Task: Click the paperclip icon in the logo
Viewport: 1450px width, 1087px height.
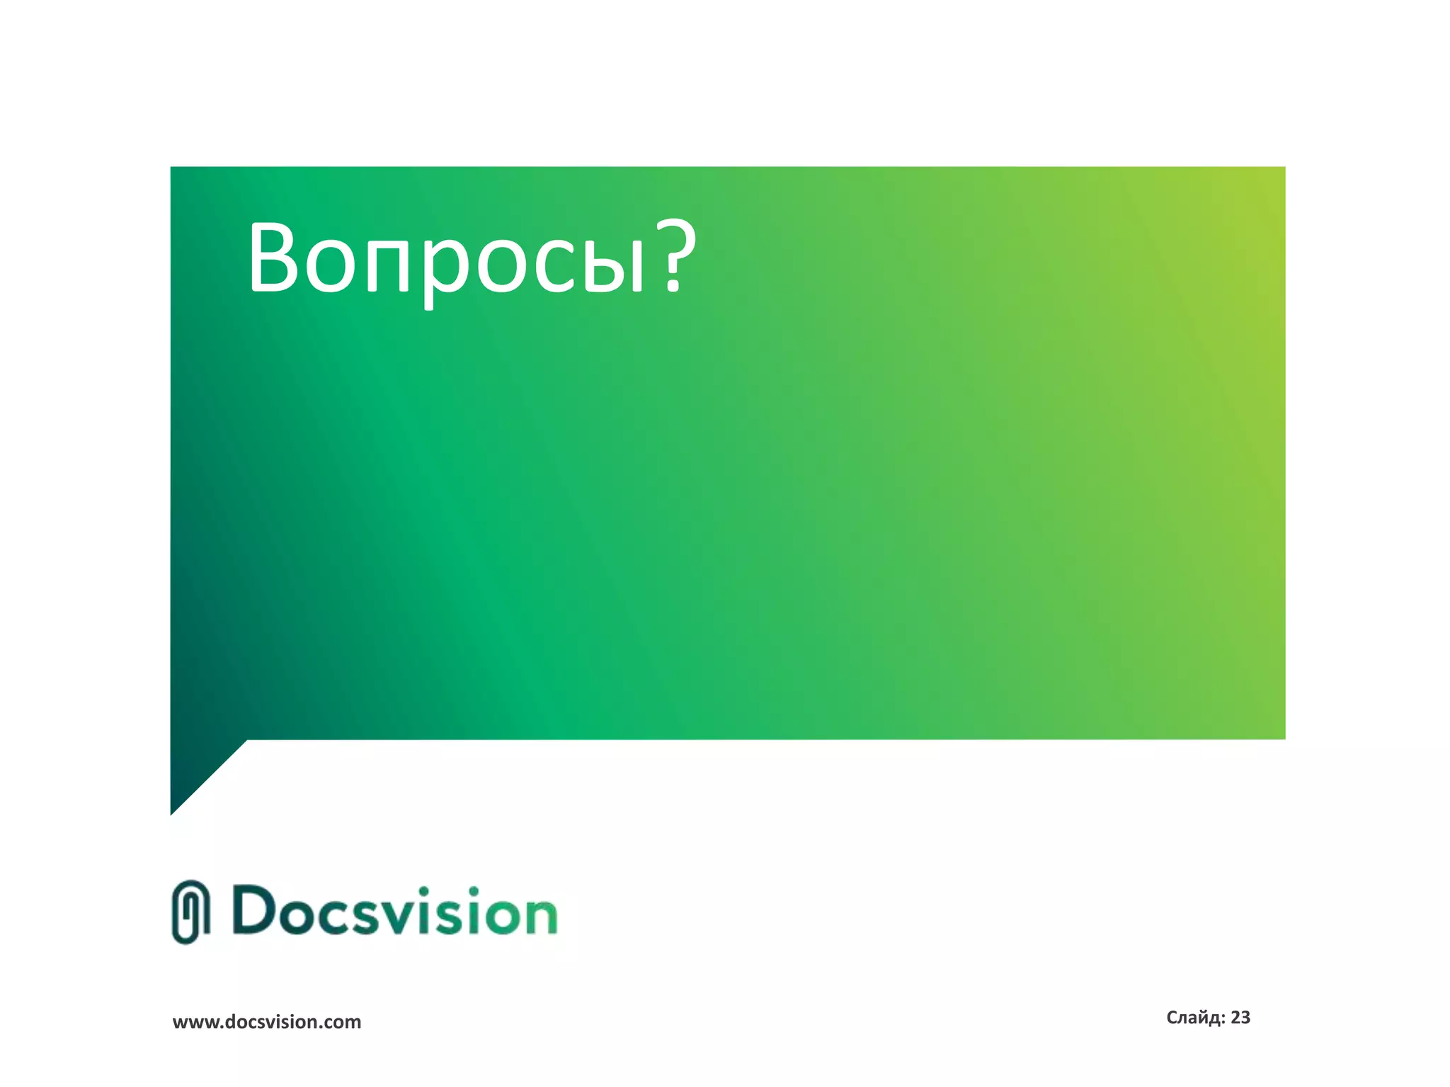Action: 190,912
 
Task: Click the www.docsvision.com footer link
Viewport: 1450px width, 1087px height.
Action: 267,1022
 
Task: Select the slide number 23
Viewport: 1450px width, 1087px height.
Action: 1240,1018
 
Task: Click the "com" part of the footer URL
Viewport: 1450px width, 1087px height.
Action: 344,1023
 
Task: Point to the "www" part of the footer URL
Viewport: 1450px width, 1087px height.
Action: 192,1023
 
